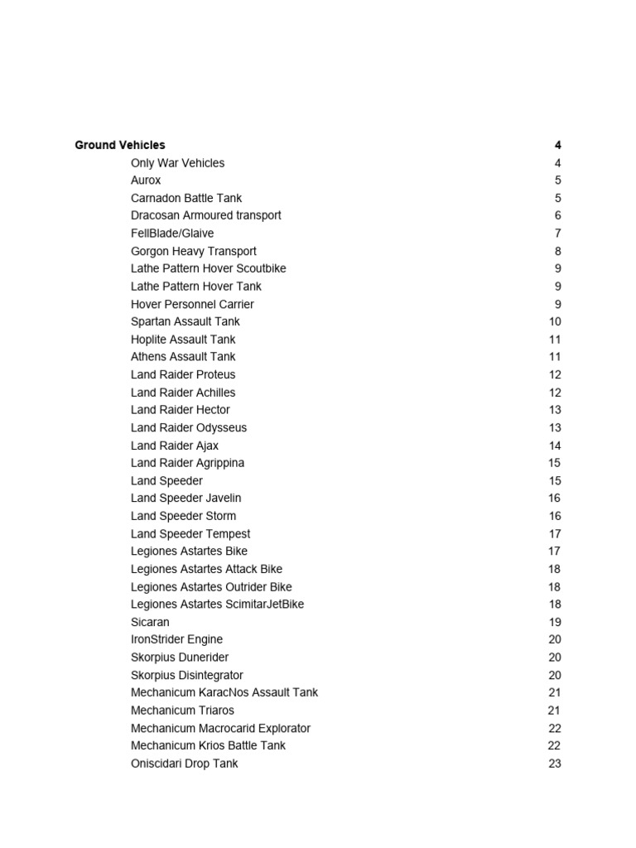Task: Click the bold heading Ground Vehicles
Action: point(119,145)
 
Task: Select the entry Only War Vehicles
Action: point(177,163)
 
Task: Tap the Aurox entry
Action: point(146,181)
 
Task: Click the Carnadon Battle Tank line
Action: point(186,198)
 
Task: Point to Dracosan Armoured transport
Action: point(205,215)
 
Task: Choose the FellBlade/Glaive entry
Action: point(172,234)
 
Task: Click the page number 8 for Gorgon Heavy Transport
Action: point(558,251)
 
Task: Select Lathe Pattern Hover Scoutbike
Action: point(208,268)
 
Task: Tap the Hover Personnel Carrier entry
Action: point(192,304)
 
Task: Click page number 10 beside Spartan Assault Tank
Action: point(555,321)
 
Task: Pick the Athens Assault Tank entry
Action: point(183,357)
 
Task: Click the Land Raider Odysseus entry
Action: point(189,428)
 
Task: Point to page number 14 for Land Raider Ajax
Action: point(555,446)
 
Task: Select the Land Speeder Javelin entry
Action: point(186,499)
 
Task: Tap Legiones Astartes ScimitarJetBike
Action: point(217,605)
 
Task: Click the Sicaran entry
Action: point(150,622)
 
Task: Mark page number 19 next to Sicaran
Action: point(555,622)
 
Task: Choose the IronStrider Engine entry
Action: point(176,639)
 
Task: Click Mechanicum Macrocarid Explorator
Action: point(220,729)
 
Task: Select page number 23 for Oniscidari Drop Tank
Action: point(555,764)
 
